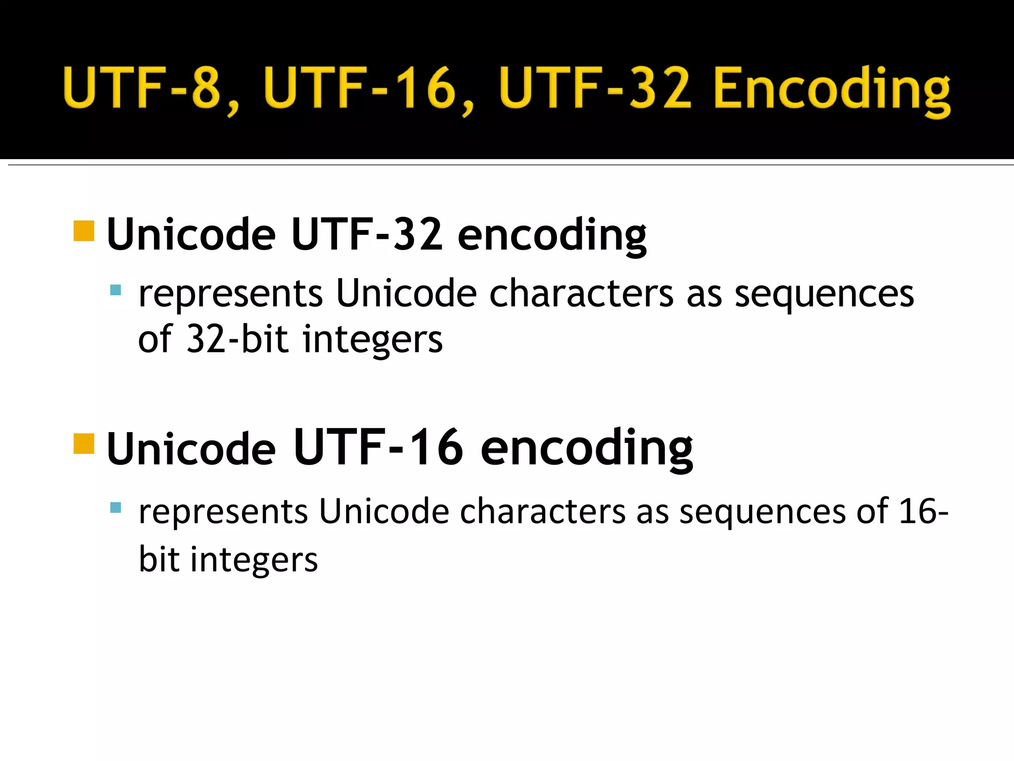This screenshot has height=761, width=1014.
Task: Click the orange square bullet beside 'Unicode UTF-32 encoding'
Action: click(84, 231)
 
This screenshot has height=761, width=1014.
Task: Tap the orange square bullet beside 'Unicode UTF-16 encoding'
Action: click(84, 443)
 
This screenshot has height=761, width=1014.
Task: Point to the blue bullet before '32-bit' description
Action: click(115, 290)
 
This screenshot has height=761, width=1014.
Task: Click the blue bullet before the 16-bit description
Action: click(115, 507)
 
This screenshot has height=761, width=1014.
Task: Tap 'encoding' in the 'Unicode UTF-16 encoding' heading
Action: click(586, 448)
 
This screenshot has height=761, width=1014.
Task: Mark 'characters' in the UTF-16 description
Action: click(543, 511)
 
